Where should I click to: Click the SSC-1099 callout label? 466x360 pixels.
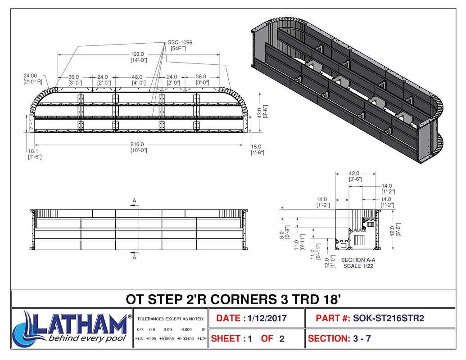pyautogui.click(x=180, y=42)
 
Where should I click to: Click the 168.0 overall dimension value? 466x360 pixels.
pyautogui.click(x=137, y=54)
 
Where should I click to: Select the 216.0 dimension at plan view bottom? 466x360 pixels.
pyautogui.click(x=137, y=144)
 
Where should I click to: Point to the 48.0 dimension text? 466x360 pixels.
pyautogui.click(x=137, y=77)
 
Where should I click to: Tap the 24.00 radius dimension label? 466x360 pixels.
pyautogui.click(x=30, y=76)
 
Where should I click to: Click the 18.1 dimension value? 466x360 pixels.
pyautogui.click(x=33, y=151)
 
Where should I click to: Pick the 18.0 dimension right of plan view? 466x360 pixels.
pyautogui.click(x=256, y=147)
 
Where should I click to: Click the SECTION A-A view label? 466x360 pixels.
pyautogui.click(x=358, y=260)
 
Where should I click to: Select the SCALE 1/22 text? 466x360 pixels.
pyautogui.click(x=358, y=266)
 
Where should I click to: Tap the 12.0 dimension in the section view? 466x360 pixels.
pyautogui.click(x=327, y=263)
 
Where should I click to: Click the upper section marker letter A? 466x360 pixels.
pyautogui.click(x=134, y=201)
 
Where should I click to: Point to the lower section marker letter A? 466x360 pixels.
pyautogui.click(x=134, y=257)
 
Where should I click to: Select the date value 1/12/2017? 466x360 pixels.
pyautogui.click(x=267, y=319)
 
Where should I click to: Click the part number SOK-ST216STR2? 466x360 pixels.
pyautogui.click(x=389, y=319)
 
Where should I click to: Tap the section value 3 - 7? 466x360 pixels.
pyautogui.click(x=362, y=338)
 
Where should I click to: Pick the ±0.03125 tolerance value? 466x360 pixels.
pyautogui.click(x=185, y=338)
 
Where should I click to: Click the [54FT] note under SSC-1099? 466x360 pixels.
pyautogui.click(x=178, y=49)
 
